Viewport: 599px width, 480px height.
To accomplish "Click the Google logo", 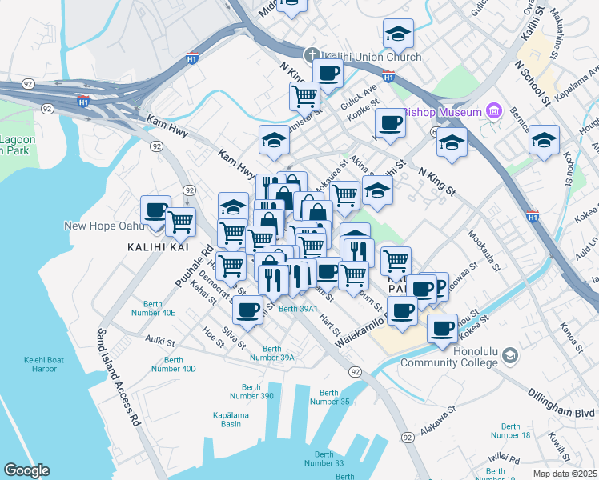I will (26, 470).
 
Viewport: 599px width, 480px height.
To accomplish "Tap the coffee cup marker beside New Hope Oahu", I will (156, 211).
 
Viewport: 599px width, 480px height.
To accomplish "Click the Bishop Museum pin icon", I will (493, 111).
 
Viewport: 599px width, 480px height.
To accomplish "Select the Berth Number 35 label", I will (335, 397).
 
